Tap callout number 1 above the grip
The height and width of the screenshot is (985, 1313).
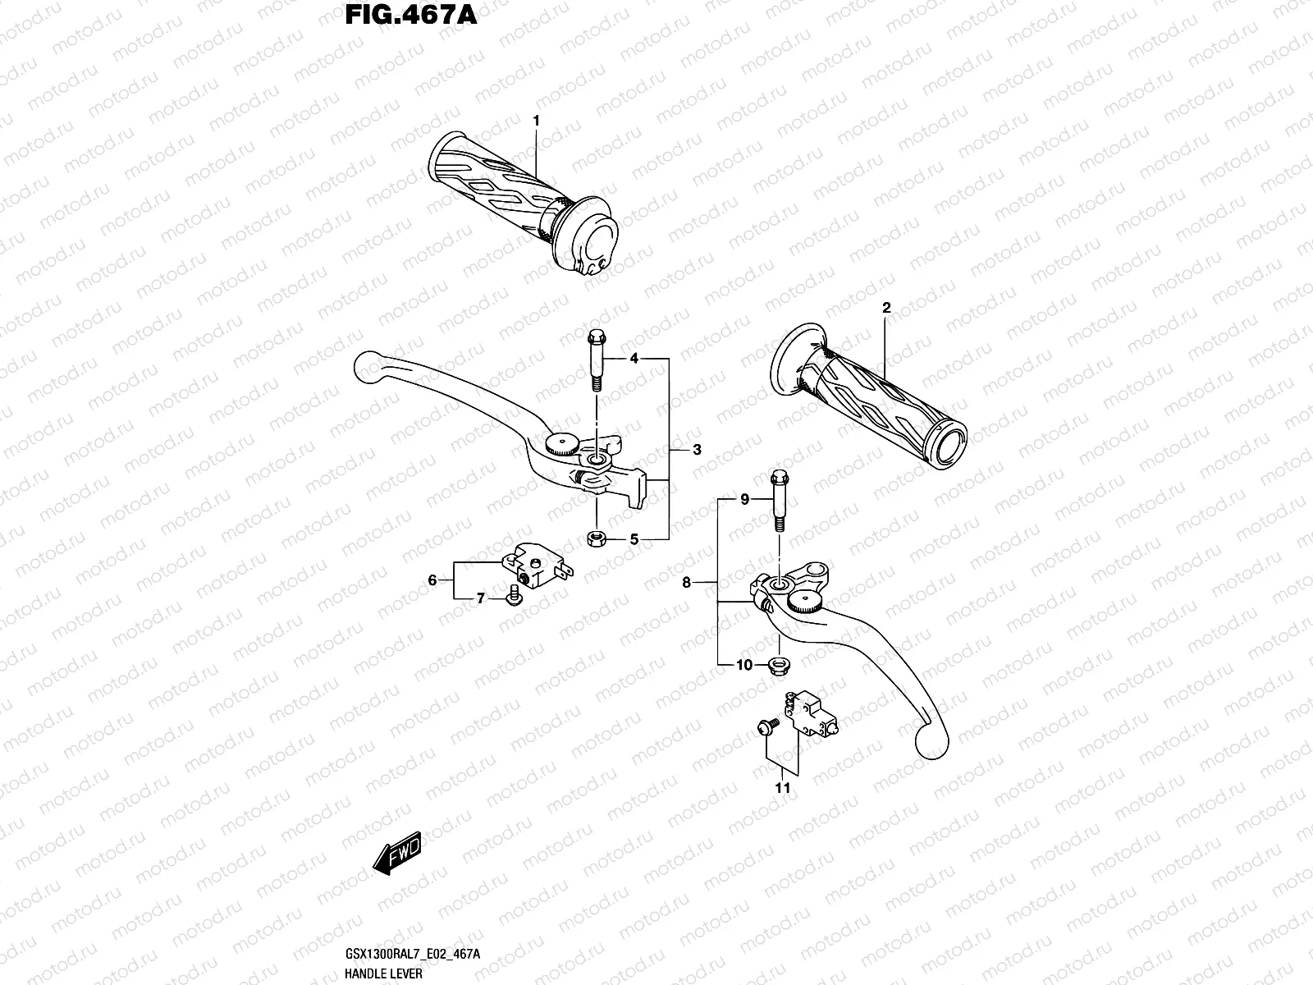click(536, 121)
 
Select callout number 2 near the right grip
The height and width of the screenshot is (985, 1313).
click(886, 309)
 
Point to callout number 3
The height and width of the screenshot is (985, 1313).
click(696, 450)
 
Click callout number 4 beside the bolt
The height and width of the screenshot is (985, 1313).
click(634, 359)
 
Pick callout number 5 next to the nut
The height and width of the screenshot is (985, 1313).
click(634, 539)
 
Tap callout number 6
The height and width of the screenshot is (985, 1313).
click(432, 580)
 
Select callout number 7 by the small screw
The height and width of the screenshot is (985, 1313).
click(482, 599)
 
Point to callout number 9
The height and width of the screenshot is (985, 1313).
click(745, 499)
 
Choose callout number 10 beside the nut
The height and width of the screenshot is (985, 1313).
click(743, 665)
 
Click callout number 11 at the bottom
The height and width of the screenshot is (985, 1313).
click(783, 788)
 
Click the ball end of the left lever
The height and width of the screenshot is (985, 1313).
click(368, 368)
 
